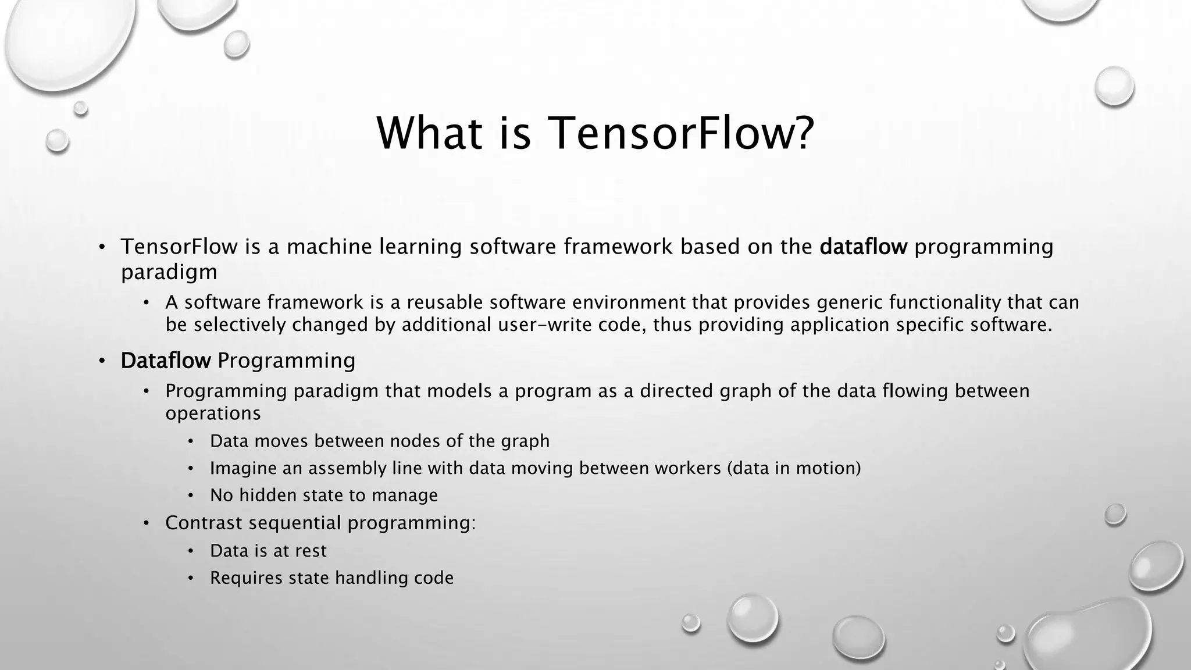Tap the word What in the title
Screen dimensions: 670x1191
pyautogui.click(x=429, y=133)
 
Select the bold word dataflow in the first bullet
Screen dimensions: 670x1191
pyautogui.click(x=863, y=247)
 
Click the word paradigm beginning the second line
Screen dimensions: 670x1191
pyautogui.click(x=169, y=272)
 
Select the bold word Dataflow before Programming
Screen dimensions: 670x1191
pyautogui.click(x=165, y=361)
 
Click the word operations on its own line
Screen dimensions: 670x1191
pyautogui.click(x=213, y=414)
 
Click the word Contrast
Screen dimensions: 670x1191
pyautogui.click(x=203, y=523)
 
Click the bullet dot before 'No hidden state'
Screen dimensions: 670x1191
pyautogui.click(x=191, y=496)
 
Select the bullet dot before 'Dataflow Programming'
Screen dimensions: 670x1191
pyautogui.click(x=102, y=361)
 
